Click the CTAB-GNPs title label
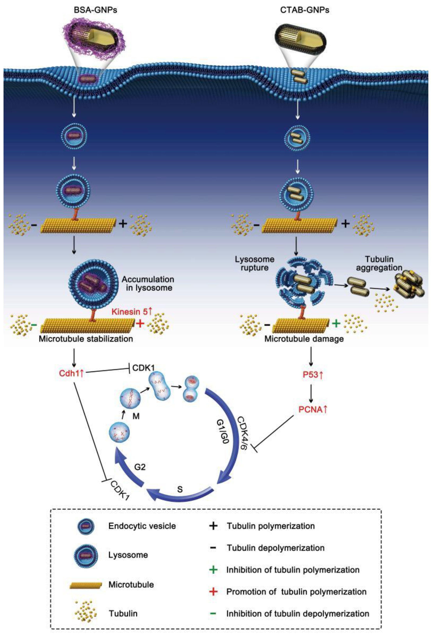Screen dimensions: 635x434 coord(305,10)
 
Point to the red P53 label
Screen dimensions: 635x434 coord(313,375)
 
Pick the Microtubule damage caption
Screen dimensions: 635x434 coord(304,339)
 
